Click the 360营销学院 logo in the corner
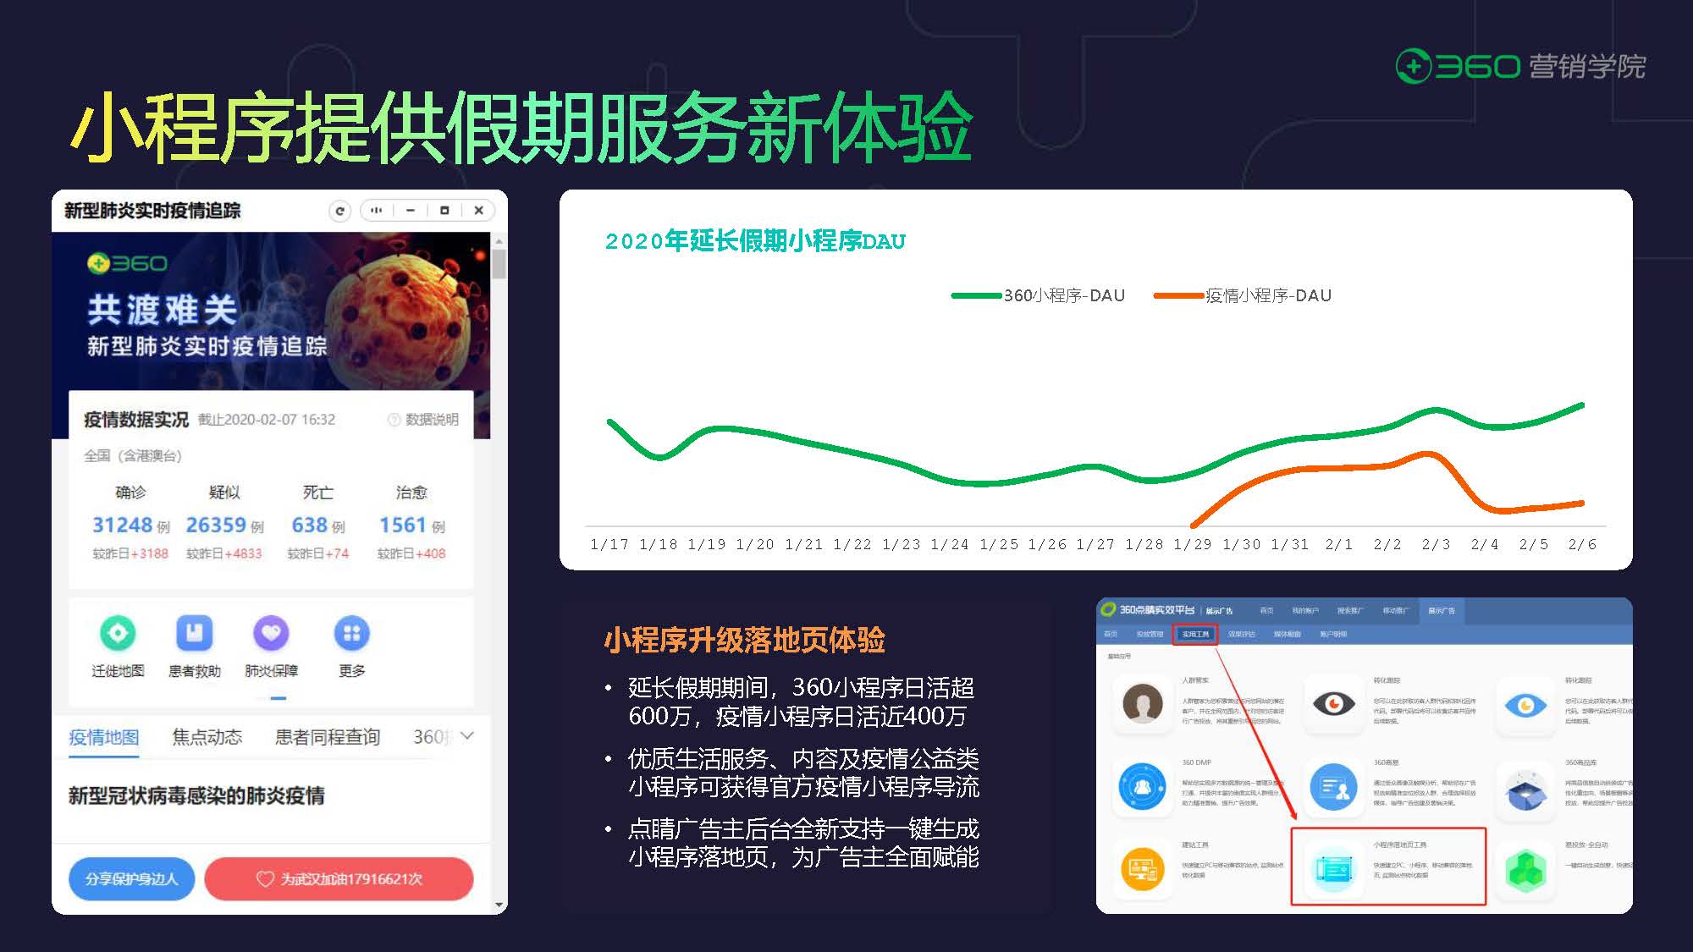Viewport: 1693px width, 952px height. [x=1519, y=66]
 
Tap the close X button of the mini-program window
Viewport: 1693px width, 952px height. [x=478, y=211]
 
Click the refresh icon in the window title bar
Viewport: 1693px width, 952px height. [x=339, y=211]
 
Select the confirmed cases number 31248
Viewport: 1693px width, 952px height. [x=123, y=525]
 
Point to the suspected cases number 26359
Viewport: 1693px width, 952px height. [x=216, y=525]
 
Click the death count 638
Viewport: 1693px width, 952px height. [x=309, y=525]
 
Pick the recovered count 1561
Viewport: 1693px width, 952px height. [x=403, y=525]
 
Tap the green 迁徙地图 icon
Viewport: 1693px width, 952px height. [x=118, y=633]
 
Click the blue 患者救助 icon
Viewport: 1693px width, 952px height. [x=194, y=633]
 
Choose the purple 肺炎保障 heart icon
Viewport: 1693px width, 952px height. [x=271, y=633]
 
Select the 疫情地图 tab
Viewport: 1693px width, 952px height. [x=104, y=737]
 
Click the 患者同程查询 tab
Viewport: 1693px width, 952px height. [x=328, y=737]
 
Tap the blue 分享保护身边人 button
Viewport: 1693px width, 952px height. [x=131, y=878]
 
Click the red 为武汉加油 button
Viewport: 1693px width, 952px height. [x=339, y=878]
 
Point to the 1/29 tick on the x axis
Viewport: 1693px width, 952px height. [x=1192, y=544]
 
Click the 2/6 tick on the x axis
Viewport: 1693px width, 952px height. [x=1582, y=544]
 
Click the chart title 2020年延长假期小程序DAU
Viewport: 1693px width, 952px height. [x=755, y=241]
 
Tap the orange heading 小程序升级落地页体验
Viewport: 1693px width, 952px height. [x=744, y=640]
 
